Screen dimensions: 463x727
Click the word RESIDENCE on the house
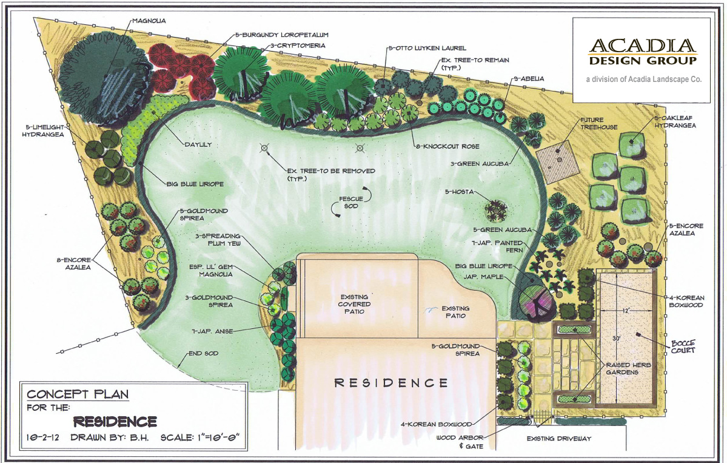click(392, 383)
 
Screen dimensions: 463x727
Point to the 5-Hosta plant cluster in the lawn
click(496, 211)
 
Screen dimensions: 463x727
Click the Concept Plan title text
click(78, 394)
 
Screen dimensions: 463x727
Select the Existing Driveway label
click(558, 438)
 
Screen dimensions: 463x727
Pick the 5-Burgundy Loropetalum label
click(278, 36)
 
